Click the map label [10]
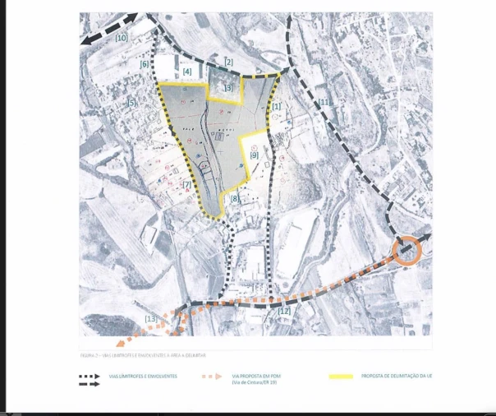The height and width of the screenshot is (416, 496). [122, 38]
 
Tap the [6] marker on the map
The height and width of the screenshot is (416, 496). [145, 64]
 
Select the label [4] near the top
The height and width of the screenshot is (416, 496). [187, 73]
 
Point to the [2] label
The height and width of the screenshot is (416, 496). [229, 62]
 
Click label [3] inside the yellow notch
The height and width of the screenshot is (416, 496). [228, 87]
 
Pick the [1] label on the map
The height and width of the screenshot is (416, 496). [277, 106]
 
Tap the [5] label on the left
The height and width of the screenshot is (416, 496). [131, 103]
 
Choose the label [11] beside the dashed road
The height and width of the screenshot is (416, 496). [324, 102]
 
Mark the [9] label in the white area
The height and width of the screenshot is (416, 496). [254, 155]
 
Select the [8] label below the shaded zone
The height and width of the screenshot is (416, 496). [235, 200]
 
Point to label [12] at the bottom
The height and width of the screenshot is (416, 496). [285, 312]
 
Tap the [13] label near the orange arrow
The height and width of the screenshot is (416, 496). [151, 318]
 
